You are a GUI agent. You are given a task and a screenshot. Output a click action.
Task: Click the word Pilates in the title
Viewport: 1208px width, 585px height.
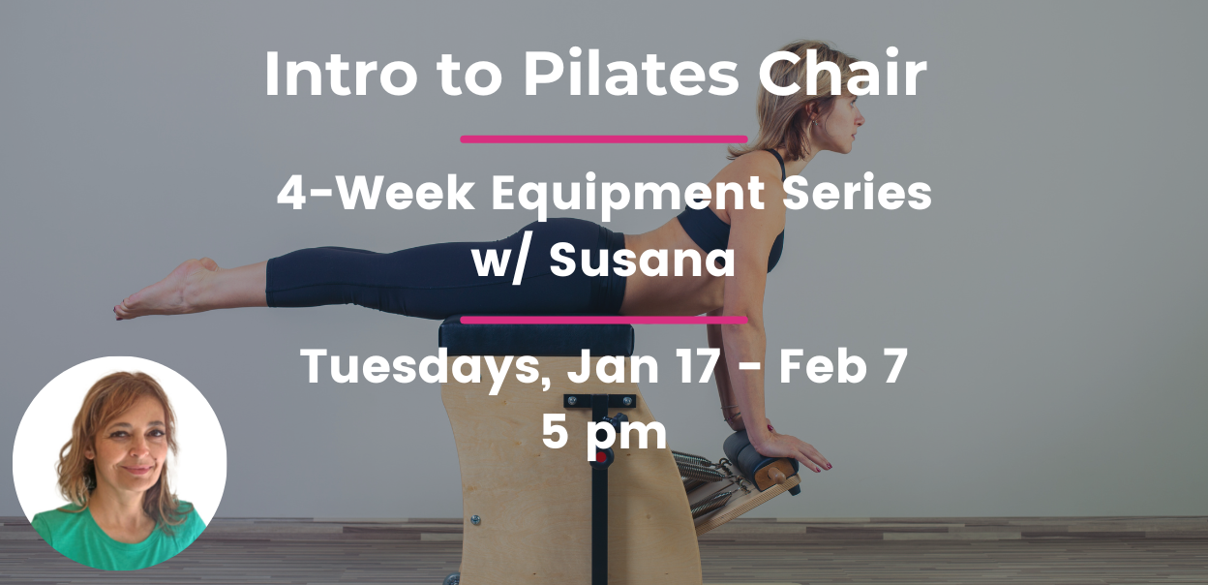631,73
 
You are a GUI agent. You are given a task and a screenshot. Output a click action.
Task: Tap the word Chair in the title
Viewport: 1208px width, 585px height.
842,73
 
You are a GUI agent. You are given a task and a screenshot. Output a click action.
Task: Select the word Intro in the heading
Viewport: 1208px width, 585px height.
341,74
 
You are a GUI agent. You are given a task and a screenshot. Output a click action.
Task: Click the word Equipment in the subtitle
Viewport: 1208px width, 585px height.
627,196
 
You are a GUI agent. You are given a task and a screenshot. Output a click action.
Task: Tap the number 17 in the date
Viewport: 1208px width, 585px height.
697,365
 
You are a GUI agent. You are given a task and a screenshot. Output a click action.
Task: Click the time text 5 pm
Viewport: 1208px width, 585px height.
604,434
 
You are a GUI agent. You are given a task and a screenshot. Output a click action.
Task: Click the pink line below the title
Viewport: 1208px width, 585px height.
604,139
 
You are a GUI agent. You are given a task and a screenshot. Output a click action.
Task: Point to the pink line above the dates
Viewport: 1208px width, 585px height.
604,320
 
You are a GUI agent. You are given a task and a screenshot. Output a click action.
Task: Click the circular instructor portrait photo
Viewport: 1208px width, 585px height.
120,464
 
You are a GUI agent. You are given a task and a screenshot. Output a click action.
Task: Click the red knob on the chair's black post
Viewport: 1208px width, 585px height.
601,458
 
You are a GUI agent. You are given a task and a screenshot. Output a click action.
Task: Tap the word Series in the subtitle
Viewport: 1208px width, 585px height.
857,193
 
